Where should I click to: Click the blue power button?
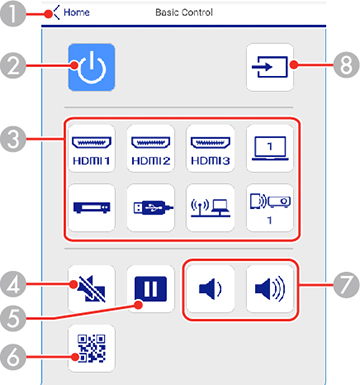point(91,68)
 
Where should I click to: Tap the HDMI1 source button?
point(91,147)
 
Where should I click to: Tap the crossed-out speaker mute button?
point(91,284)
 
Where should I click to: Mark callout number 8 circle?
point(346,69)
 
